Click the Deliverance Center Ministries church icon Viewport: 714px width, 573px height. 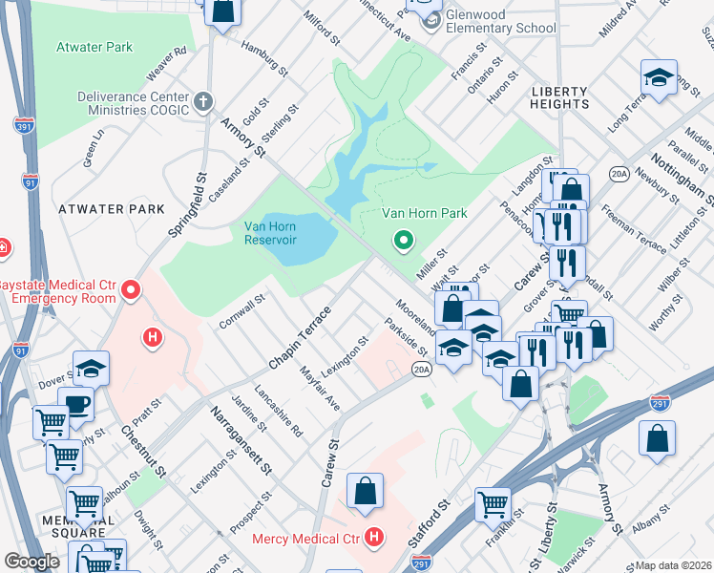(x=202, y=100)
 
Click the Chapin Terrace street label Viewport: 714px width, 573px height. (x=300, y=339)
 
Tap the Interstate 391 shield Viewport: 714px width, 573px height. (x=24, y=124)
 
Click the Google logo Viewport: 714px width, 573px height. (x=31, y=561)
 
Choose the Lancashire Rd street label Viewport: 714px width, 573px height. (x=279, y=411)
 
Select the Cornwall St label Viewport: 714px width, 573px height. (x=242, y=308)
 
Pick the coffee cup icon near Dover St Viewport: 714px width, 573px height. (x=76, y=404)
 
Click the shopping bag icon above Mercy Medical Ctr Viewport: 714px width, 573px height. (x=366, y=492)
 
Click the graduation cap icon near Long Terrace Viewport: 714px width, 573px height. (x=659, y=79)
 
